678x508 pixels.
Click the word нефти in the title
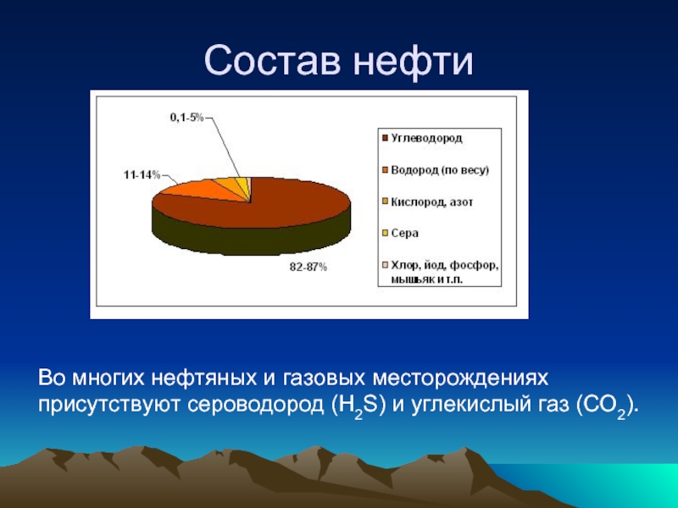[414, 60]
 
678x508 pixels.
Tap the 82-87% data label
[308, 268]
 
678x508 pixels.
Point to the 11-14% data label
[142, 175]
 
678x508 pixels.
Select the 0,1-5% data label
[186, 117]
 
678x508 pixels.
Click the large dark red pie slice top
[277, 204]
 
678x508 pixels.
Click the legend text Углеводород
[426, 138]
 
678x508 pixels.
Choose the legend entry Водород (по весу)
[436, 170]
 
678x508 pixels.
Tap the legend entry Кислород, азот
[428, 202]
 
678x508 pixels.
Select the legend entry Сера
[400, 234]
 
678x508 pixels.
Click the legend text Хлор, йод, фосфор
[444, 265]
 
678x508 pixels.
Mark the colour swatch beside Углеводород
[386, 138]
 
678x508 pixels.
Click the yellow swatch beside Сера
[386, 234]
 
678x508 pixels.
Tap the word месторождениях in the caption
[460, 378]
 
